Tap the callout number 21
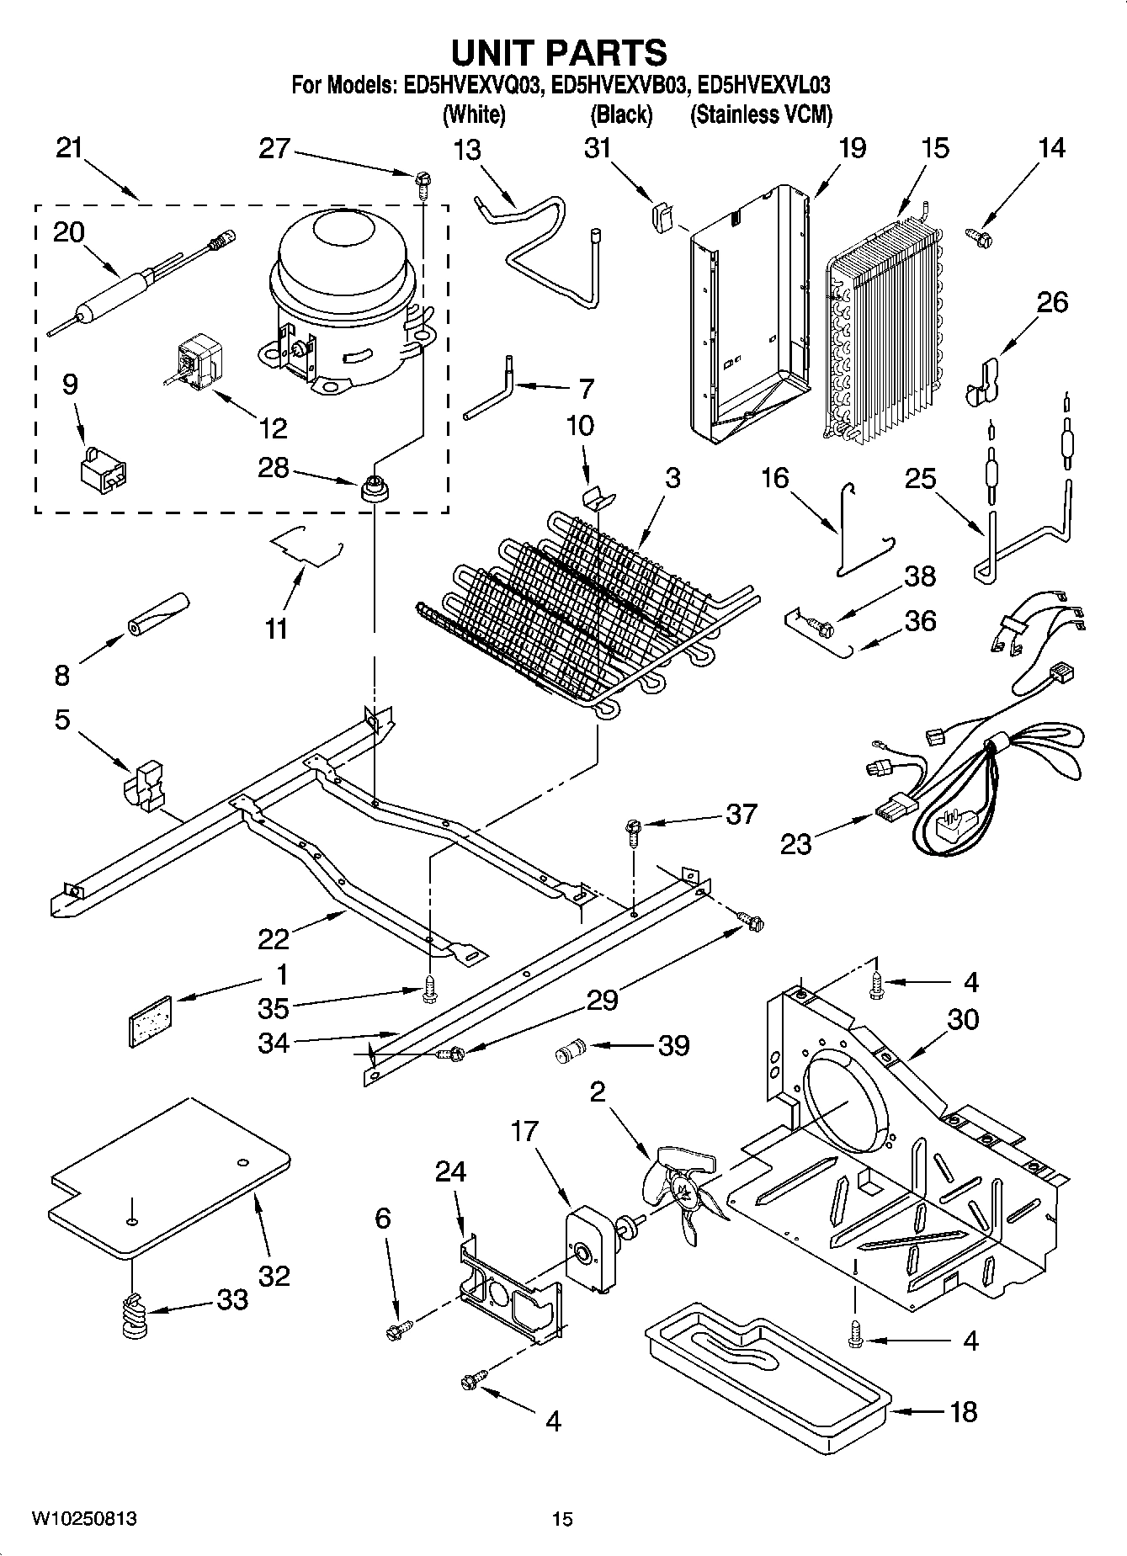coord(70,148)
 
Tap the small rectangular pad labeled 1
coord(150,1020)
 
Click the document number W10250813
coord(84,1518)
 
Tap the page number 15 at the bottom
coord(562,1519)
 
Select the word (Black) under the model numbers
coord(621,114)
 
